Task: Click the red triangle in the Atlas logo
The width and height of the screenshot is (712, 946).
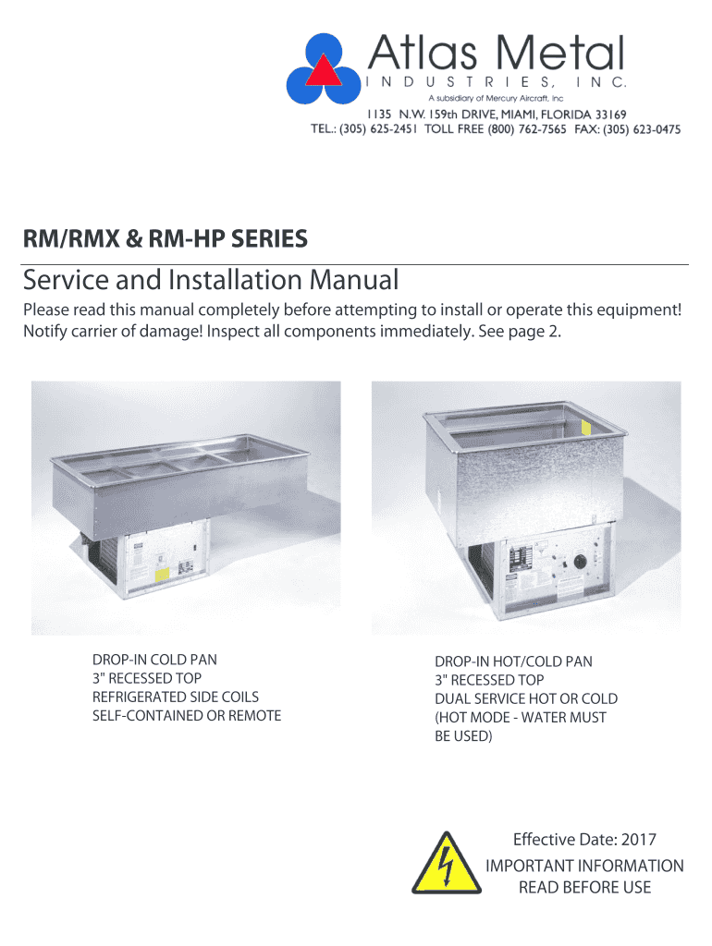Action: (x=324, y=71)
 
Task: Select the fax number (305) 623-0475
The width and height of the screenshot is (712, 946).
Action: (x=642, y=129)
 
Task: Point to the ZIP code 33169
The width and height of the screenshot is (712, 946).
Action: (x=610, y=114)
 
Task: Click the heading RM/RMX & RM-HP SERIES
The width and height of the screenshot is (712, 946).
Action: (x=165, y=238)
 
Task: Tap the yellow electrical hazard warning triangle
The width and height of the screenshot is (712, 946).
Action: (x=447, y=864)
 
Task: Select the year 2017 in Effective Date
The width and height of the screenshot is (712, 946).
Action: (x=638, y=839)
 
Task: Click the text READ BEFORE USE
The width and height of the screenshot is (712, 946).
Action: (x=584, y=888)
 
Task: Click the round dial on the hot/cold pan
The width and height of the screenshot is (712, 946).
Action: (x=581, y=562)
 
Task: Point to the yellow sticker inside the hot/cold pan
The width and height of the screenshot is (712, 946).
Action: (x=586, y=427)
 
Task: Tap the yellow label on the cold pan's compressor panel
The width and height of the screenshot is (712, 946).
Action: (x=162, y=575)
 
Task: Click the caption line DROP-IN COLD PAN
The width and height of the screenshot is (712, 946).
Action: (x=154, y=660)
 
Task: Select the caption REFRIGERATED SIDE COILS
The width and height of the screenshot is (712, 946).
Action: (x=176, y=697)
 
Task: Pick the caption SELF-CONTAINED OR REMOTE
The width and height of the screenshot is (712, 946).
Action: (x=187, y=716)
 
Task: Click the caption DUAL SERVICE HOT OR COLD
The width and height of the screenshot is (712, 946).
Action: (x=526, y=698)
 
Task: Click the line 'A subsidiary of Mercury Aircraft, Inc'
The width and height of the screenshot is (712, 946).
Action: (x=496, y=98)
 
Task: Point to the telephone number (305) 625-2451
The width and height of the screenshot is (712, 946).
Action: (x=378, y=129)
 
